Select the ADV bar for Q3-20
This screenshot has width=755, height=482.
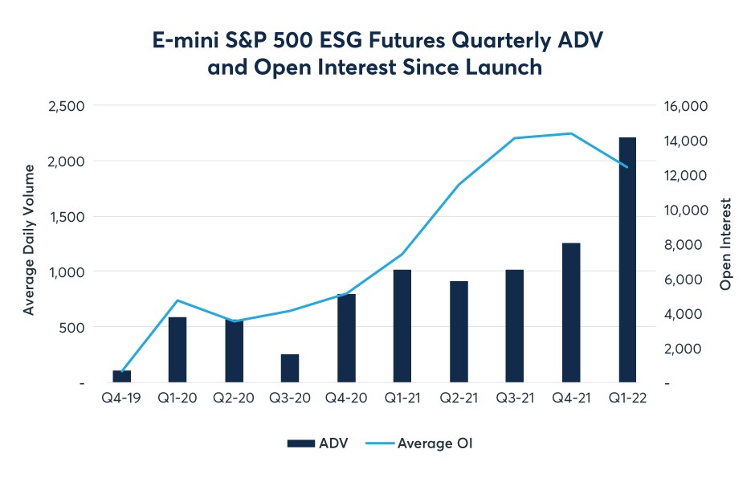290,368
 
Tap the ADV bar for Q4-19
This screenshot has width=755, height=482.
121,376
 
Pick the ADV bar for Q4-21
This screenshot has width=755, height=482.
571,312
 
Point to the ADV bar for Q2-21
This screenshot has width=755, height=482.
459,332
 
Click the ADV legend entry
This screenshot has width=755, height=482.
316,443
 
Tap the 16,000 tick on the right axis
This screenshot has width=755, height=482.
684,106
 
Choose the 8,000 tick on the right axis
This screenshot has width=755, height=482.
688,244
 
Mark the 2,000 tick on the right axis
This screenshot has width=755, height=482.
688,348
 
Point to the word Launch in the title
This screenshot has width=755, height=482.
505,68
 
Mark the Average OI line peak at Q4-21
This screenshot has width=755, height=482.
571,133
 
